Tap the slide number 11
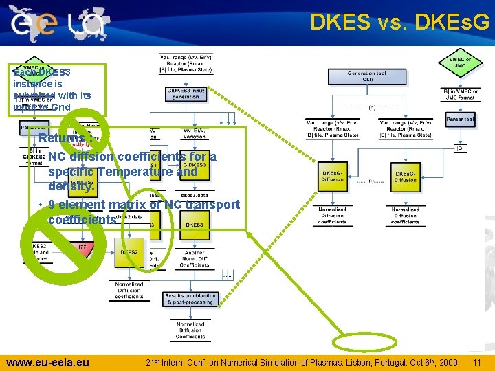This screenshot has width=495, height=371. point(476,361)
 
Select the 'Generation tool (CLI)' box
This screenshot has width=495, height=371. point(366,76)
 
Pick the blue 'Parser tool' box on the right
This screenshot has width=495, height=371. point(460,120)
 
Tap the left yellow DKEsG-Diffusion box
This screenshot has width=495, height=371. point(333,176)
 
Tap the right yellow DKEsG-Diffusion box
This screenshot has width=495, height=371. point(405,176)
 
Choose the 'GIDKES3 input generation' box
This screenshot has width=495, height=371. point(186,93)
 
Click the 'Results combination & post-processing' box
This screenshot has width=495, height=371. point(190,299)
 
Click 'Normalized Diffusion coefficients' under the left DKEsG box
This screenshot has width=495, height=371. point(333,215)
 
